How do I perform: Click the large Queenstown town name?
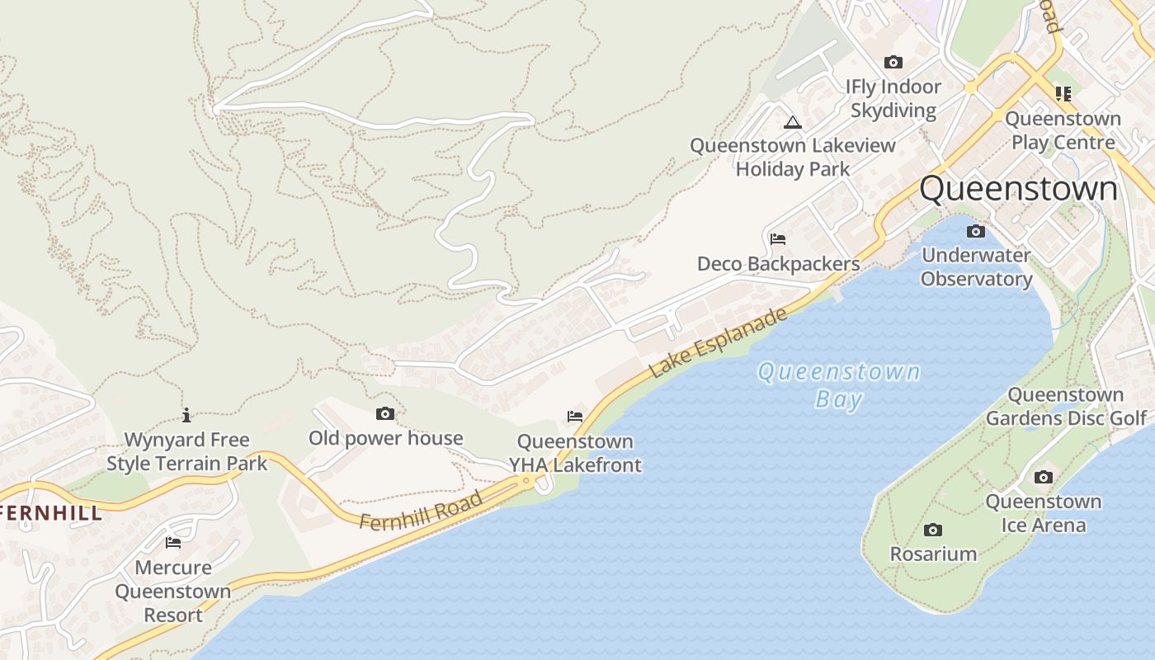pyautogui.click(x=1018, y=189)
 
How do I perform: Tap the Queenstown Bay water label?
pyautogui.click(x=839, y=385)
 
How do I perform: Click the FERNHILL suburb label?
pyautogui.click(x=49, y=513)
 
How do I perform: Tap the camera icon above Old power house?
pyautogui.click(x=385, y=414)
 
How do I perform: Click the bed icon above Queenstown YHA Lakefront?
pyautogui.click(x=575, y=417)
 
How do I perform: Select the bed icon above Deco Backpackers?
pyautogui.click(x=777, y=239)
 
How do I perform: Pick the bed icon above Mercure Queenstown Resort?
pyautogui.click(x=173, y=543)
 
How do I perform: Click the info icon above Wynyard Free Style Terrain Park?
pyautogui.click(x=186, y=415)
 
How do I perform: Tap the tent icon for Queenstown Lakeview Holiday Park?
pyautogui.click(x=792, y=123)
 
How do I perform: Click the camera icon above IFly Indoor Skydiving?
pyautogui.click(x=893, y=62)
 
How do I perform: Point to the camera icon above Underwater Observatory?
pyautogui.click(x=976, y=231)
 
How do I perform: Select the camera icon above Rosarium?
pyautogui.click(x=933, y=530)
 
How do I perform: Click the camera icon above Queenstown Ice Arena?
pyautogui.click(x=1044, y=477)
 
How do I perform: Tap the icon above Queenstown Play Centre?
pyautogui.click(x=1063, y=94)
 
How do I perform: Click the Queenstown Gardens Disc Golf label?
pyautogui.click(x=1066, y=407)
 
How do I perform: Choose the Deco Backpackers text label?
pyautogui.click(x=778, y=264)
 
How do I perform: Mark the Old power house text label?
pyautogui.click(x=385, y=438)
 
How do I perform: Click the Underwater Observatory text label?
pyautogui.click(x=976, y=266)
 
